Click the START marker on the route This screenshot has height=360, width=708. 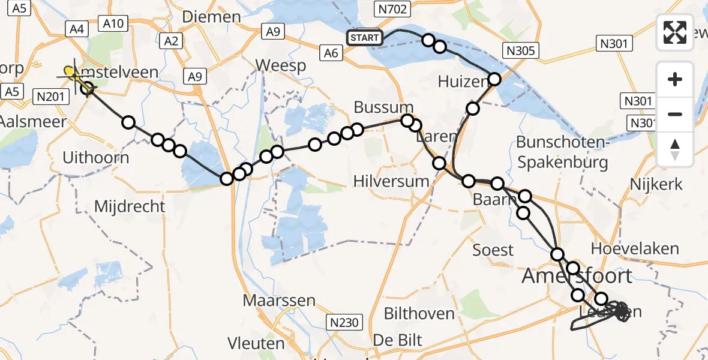tap(364, 38)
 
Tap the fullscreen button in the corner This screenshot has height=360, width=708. tap(675, 32)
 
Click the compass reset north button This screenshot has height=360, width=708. tap(675, 149)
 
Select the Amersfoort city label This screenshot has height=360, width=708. tap(577, 276)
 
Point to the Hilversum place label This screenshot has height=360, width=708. tap(391, 181)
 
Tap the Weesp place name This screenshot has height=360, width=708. tap(280, 65)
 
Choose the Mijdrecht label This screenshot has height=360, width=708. tap(130, 206)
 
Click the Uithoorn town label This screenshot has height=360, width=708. tap(96, 158)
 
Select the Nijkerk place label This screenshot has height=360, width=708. tap(657, 184)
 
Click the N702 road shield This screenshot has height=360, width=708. tap(392, 9)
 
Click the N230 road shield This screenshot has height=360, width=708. tap(344, 323)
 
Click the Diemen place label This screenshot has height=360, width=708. tap(211, 17)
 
